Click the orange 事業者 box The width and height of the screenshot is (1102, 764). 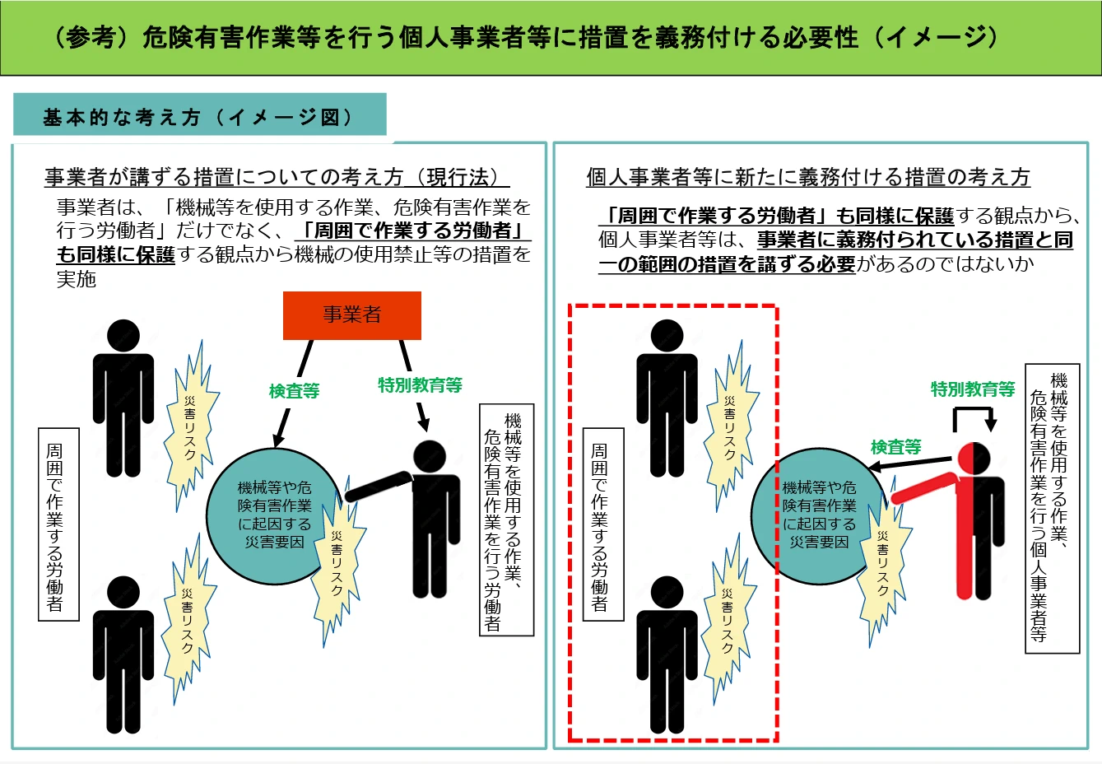point(351,314)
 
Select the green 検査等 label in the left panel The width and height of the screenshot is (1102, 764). point(294,391)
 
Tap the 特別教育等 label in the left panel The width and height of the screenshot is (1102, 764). point(420,384)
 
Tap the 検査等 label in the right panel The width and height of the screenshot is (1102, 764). point(895,447)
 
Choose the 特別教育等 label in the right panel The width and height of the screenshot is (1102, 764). point(973,389)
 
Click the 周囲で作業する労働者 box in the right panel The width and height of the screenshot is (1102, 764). point(603,524)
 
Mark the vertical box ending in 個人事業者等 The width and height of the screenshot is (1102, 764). point(1051,509)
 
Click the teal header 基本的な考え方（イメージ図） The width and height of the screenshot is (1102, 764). point(199,117)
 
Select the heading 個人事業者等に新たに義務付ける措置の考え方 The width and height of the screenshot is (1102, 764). point(807,177)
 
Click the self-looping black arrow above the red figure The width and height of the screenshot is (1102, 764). point(973,417)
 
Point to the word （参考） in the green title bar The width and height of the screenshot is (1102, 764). point(91,38)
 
